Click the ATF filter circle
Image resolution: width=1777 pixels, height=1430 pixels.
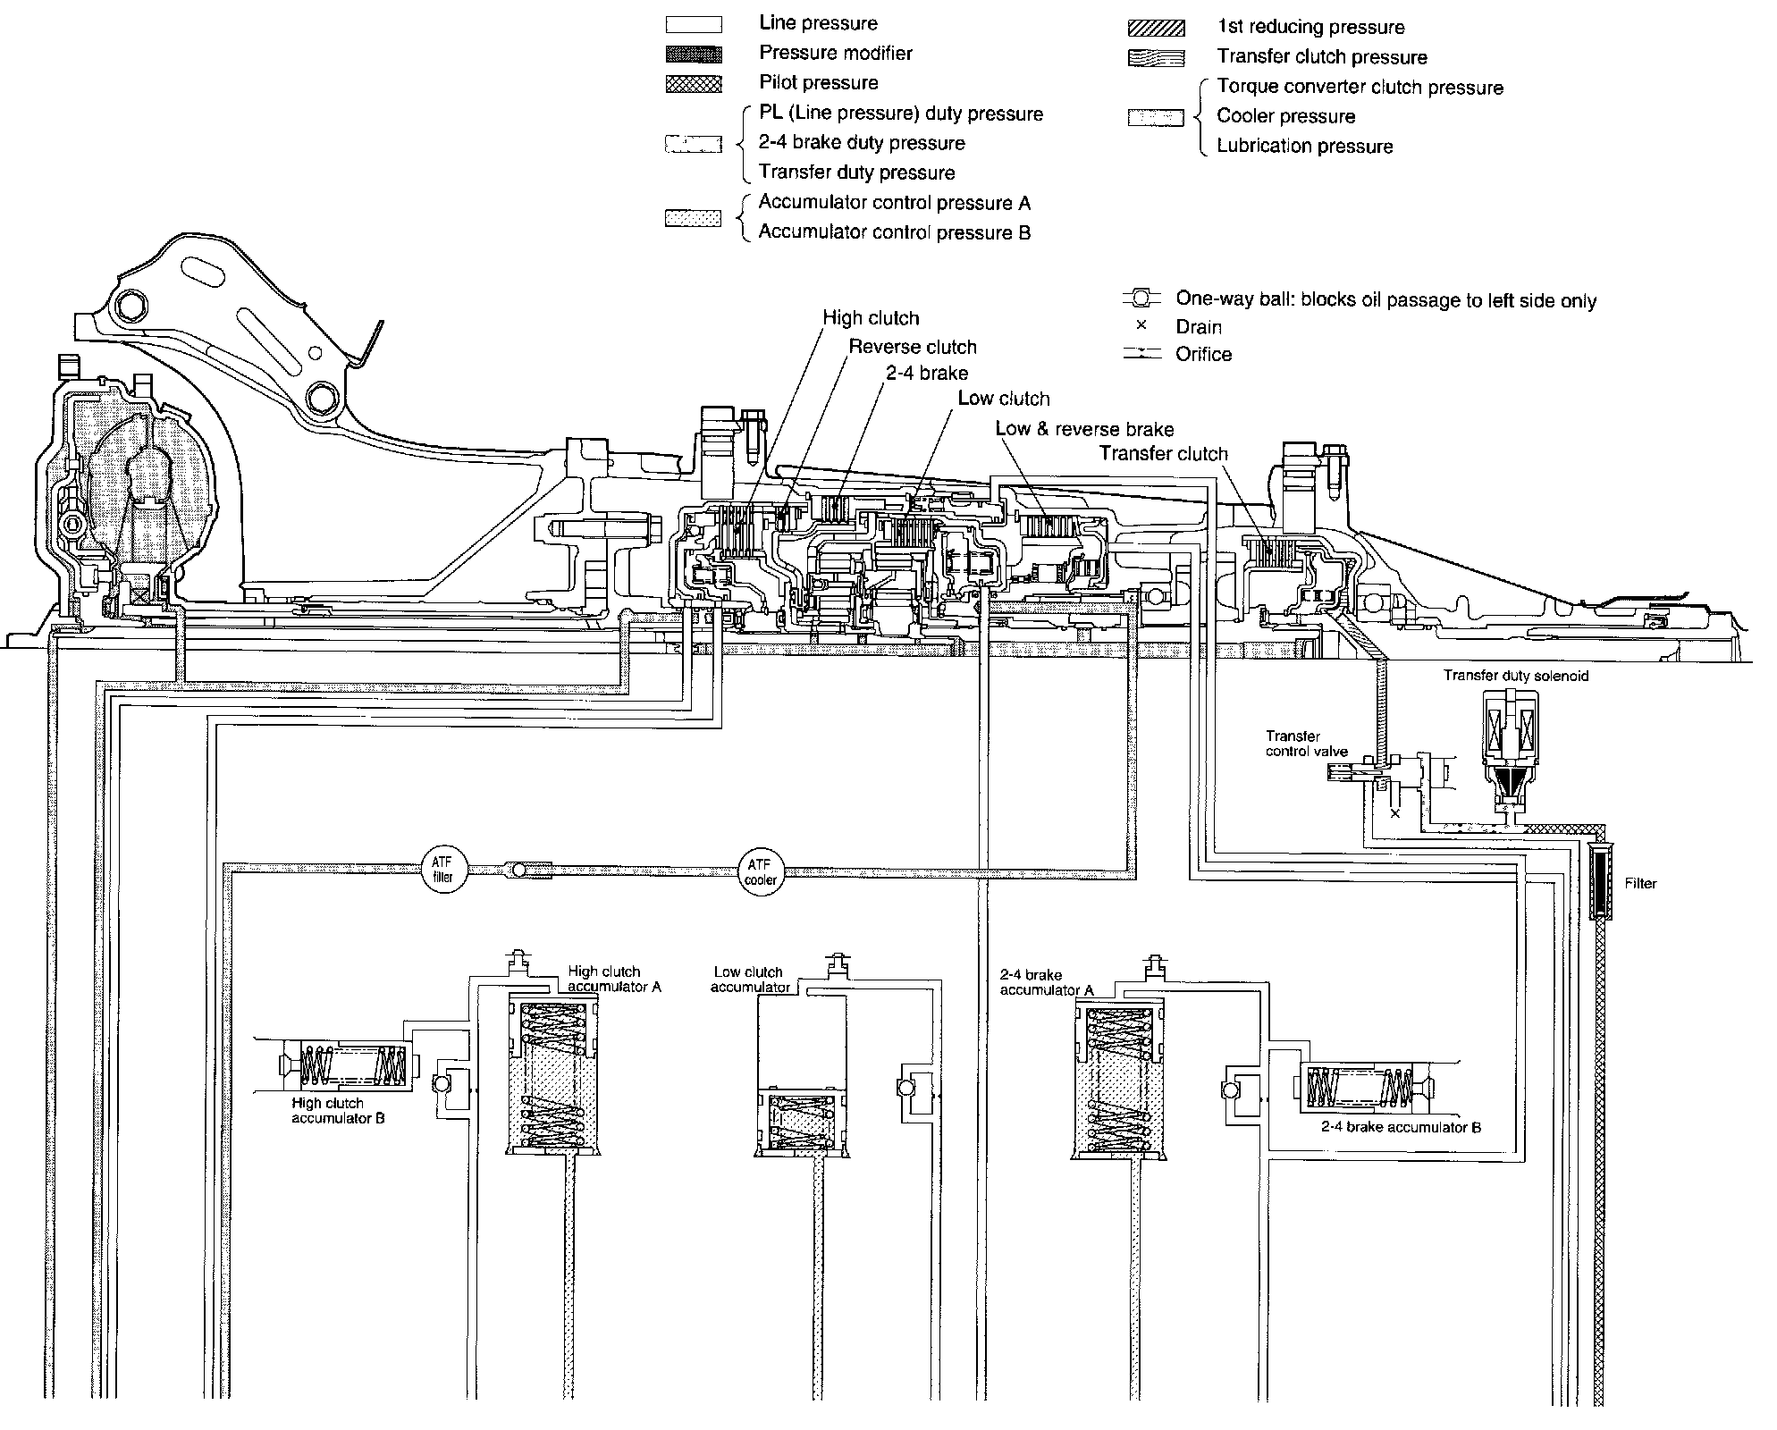point(443,870)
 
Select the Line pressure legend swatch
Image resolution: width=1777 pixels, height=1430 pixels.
point(694,24)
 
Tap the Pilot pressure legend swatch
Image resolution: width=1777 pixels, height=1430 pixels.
point(694,84)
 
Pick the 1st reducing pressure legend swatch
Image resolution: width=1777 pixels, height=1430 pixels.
point(1156,28)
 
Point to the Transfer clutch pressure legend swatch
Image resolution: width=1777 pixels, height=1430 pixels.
point(1156,58)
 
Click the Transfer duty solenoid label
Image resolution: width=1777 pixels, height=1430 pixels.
point(1516,676)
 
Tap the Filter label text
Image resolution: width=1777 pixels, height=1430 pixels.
point(1640,884)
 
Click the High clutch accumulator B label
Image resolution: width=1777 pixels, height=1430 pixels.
point(338,1111)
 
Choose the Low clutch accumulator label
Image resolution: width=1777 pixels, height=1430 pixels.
point(749,979)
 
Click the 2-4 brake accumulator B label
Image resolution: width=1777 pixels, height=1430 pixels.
point(1401,1127)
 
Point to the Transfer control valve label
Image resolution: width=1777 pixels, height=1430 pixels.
point(1306,744)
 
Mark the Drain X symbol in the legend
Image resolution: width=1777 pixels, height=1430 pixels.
point(1141,325)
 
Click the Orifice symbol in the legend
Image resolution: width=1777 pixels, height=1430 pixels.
point(1141,355)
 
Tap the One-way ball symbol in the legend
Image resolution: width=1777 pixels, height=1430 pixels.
point(1141,298)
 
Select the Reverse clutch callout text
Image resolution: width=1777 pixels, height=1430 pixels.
point(912,347)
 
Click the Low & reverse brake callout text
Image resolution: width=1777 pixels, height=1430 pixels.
point(1084,429)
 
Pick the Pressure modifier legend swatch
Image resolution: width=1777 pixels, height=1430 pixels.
point(694,55)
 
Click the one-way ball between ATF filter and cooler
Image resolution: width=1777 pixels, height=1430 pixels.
point(519,870)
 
